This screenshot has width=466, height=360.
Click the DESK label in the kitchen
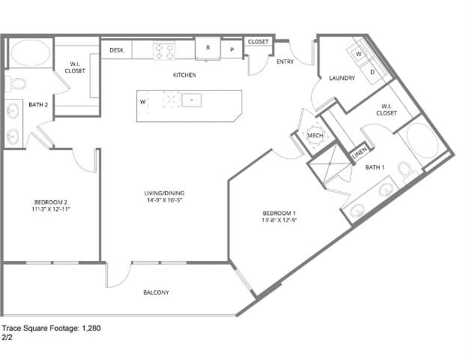coord(116,50)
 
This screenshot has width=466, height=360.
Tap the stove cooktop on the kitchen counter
coord(164,51)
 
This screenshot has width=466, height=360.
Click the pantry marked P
coord(232,51)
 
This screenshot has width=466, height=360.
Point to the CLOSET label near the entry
coord(258,42)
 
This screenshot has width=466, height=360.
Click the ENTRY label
coord(285,61)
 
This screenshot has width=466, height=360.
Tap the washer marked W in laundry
coord(358,54)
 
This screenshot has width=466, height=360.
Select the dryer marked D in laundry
coord(373,71)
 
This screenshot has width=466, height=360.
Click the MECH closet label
coord(315,135)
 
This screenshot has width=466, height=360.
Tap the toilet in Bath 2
coord(16,83)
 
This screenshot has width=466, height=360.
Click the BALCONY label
coord(156,292)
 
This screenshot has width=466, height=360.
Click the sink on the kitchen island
coord(191,99)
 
